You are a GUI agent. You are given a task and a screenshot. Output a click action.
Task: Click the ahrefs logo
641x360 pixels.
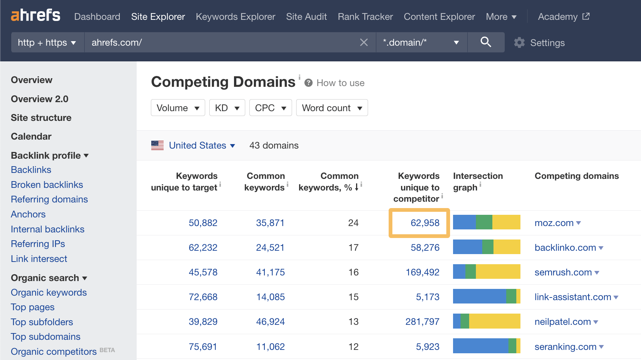click(36, 15)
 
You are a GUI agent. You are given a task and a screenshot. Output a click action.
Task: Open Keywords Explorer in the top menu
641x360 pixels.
click(235, 17)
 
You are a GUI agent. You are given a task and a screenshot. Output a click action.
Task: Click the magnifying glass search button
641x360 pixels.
click(486, 42)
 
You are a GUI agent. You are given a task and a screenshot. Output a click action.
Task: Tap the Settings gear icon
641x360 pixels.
click(519, 43)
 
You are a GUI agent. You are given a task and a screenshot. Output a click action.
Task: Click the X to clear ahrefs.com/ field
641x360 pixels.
click(364, 42)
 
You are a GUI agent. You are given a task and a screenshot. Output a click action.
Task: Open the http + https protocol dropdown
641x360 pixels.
click(47, 43)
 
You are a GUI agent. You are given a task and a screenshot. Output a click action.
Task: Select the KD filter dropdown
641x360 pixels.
click(227, 108)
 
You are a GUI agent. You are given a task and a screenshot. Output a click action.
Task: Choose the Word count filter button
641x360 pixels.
click(332, 108)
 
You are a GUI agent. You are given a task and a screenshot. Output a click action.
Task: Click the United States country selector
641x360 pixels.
click(197, 145)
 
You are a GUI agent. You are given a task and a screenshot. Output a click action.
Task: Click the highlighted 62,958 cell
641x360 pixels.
click(425, 223)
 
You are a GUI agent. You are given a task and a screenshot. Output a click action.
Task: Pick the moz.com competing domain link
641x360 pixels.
click(554, 223)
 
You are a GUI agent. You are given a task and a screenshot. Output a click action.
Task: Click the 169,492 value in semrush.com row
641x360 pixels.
click(422, 272)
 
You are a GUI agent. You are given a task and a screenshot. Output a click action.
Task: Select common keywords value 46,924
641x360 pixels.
click(270, 322)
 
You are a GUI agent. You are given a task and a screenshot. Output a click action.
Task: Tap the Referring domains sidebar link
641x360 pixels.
click(49, 199)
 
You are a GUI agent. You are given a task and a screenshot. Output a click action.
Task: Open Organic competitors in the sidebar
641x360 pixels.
click(54, 352)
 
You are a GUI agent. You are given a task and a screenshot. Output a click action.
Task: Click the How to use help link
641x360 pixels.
click(340, 83)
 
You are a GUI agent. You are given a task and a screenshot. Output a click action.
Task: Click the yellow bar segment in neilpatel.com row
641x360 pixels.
click(494, 321)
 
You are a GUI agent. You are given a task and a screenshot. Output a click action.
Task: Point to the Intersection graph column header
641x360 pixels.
click(477, 181)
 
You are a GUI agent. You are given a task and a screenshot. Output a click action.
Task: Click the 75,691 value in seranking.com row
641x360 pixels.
click(203, 347)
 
